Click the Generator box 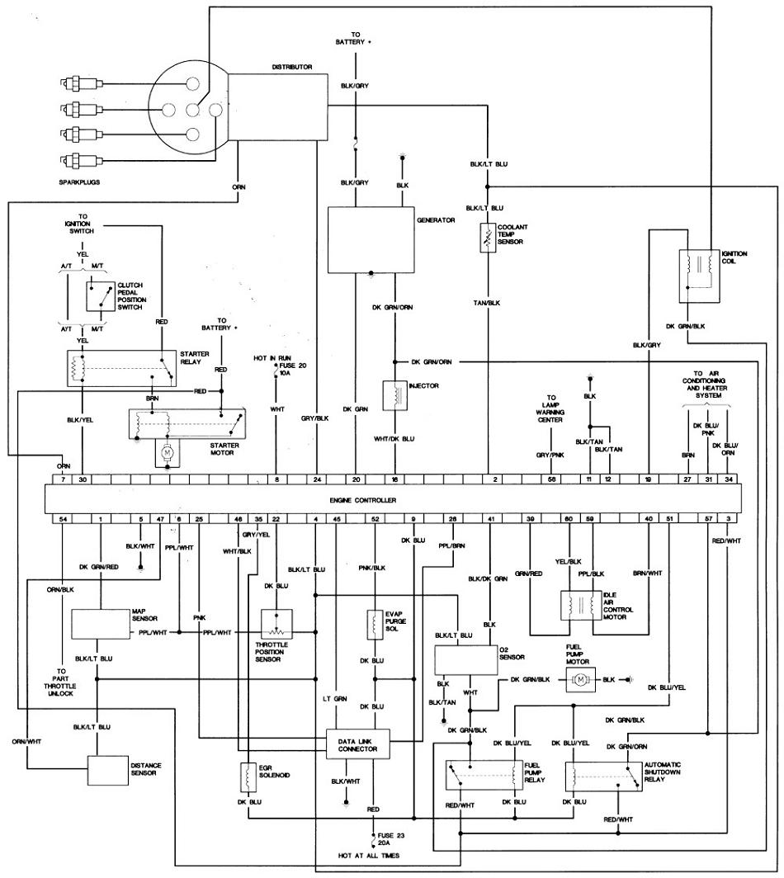371,240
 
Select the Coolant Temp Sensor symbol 489,238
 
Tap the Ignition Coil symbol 699,276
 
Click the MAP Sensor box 101,624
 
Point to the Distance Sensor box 107,770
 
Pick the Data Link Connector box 358,744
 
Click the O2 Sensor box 466,660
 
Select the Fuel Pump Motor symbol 581,679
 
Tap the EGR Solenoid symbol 248,777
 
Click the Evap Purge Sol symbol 374,625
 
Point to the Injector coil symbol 394,395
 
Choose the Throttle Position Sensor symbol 276,624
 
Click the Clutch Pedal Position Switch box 101,296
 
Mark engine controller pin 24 317,479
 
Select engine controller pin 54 64,519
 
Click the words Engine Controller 362,500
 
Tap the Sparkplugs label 79,182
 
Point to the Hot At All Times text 369,856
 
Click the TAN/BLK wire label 487,303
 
